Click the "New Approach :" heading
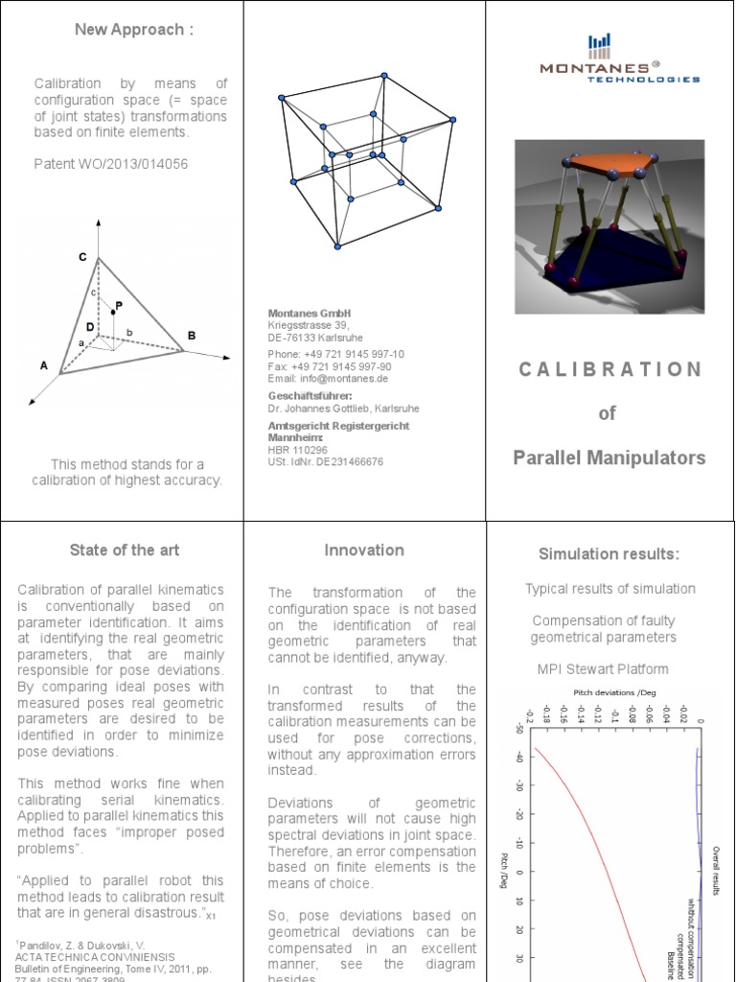134,30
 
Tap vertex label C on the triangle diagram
83,257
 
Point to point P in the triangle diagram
117,306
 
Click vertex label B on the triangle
192,336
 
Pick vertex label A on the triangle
43,365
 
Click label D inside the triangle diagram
89,327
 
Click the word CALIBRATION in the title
609,369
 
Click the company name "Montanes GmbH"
310,314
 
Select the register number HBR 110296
297,449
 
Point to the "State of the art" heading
124,550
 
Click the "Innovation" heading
364,550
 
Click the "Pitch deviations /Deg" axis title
609,692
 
